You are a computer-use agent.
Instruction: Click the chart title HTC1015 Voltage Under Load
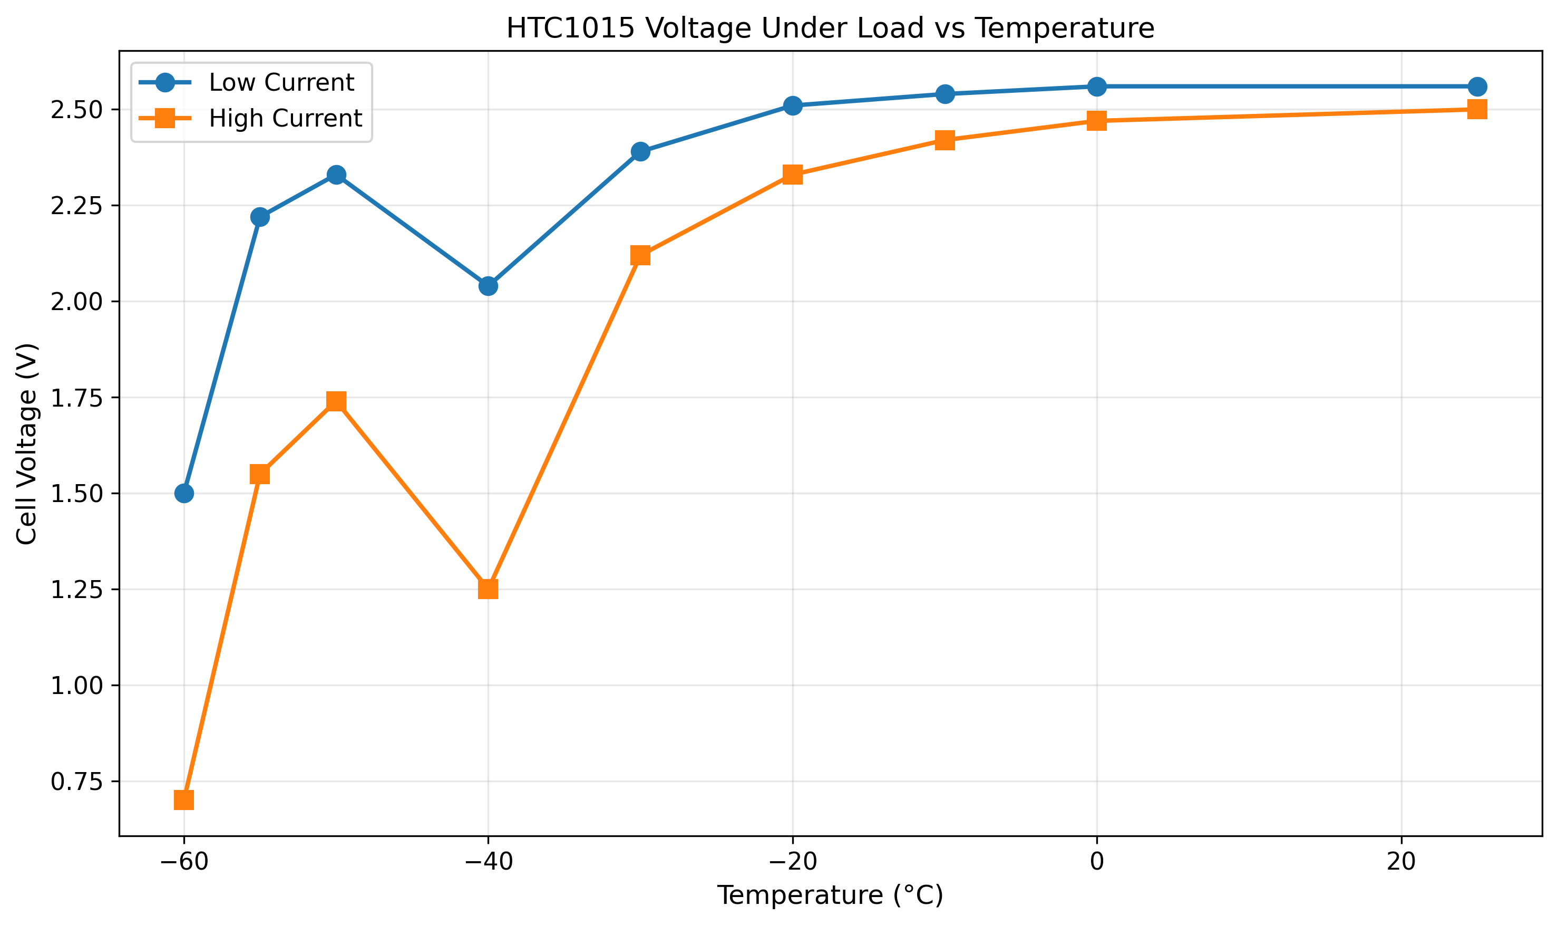[830, 28]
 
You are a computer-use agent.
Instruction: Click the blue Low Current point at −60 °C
[184, 494]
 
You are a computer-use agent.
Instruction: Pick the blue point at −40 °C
[489, 286]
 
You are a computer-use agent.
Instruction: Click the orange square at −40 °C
[489, 589]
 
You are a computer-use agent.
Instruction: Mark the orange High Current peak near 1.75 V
[336, 401]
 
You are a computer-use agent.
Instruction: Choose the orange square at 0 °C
[1097, 121]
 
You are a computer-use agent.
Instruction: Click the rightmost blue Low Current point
[1477, 86]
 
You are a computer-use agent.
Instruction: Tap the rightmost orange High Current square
[1477, 110]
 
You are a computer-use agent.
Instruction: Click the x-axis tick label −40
[489, 862]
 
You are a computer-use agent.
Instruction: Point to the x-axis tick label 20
[1401, 862]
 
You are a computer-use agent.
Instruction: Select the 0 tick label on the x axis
[1097, 862]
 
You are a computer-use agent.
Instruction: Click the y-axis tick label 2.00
[76, 302]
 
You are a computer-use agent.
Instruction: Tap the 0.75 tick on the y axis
[76, 782]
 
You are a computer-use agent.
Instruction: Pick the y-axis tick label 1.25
[76, 590]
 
